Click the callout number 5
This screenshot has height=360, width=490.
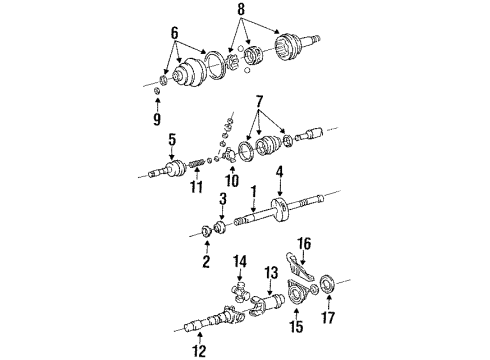(172, 139)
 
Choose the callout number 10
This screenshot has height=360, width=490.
(232, 183)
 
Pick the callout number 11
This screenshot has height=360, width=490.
(197, 187)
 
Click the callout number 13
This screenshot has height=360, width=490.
(271, 271)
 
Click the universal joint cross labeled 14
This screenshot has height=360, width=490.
(242, 292)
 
